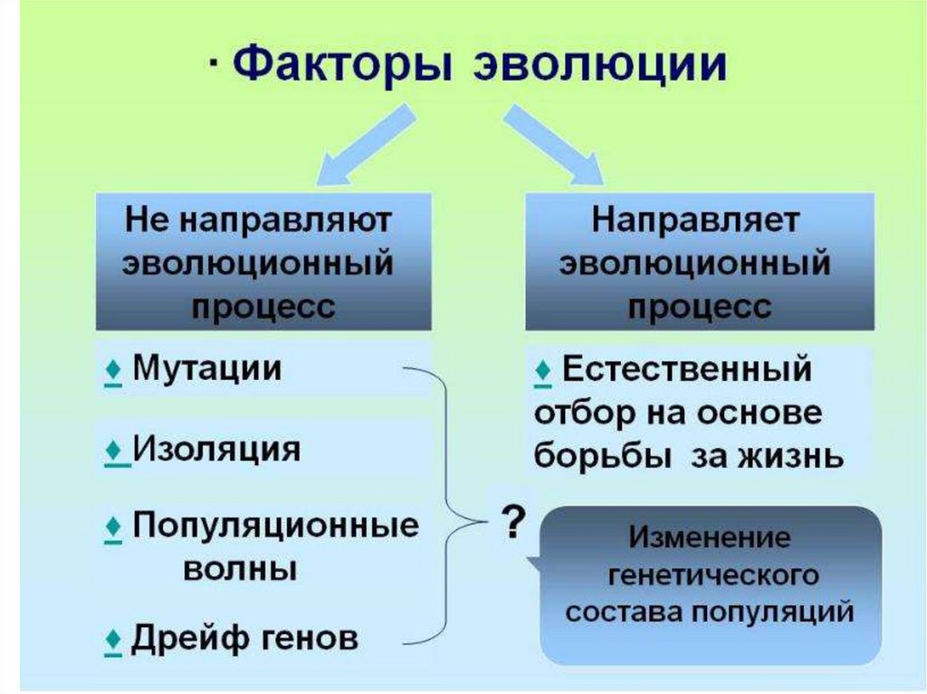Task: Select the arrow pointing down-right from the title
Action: pyautogui.click(x=553, y=146)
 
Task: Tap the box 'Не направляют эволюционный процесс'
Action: pyautogui.click(x=263, y=261)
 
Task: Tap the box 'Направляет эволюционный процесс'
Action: pyautogui.click(x=700, y=261)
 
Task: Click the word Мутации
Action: pyautogui.click(x=207, y=368)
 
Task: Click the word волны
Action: pyautogui.click(x=241, y=569)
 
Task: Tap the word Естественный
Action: pyautogui.click(x=685, y=370)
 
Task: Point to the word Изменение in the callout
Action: pyautogui.click(x=710, y=538)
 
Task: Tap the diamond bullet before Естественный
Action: pyautogui.click(x=543, y=371)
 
